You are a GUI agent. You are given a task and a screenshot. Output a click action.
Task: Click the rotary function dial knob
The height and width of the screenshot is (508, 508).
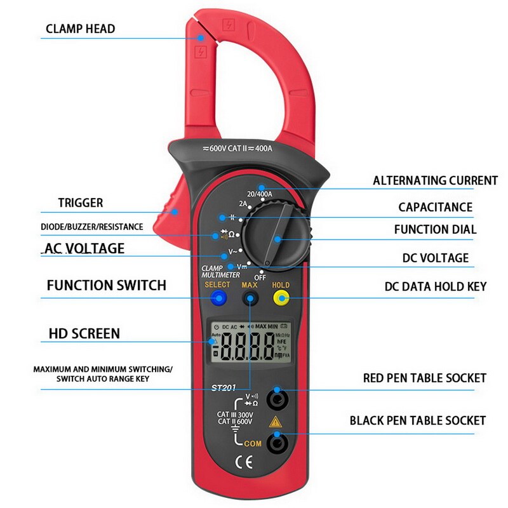pyautogui.click(x=276, y=235)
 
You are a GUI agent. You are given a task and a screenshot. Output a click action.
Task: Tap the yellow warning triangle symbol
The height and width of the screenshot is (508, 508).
pyautogui.click(x=276, y=422)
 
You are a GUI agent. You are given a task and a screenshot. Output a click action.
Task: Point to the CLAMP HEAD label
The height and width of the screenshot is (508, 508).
pyautogui.click(x=81, y=29)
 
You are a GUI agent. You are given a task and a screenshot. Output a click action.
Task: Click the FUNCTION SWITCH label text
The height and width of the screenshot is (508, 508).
pyautogui.click(x=107, y=285)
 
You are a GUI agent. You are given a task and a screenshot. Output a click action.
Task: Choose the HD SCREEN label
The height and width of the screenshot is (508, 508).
pyautogui.click(x=84, y=333)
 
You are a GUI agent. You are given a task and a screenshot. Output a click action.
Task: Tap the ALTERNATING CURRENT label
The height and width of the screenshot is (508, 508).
pyautogui.click(x=435, y=181)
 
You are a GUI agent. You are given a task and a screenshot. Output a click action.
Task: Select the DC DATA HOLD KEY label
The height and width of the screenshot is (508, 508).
pyautogui.click(x=436, y=286)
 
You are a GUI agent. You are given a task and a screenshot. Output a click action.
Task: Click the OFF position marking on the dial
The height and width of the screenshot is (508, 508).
pyautogui.click(x=260, y=277)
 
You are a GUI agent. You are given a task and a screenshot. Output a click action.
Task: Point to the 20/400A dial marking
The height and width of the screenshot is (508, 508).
pyautogui.click(x=260, y=194)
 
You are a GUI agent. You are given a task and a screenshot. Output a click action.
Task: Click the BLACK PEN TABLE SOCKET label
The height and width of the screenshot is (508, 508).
pyautogui.click(x=418, y=420)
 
